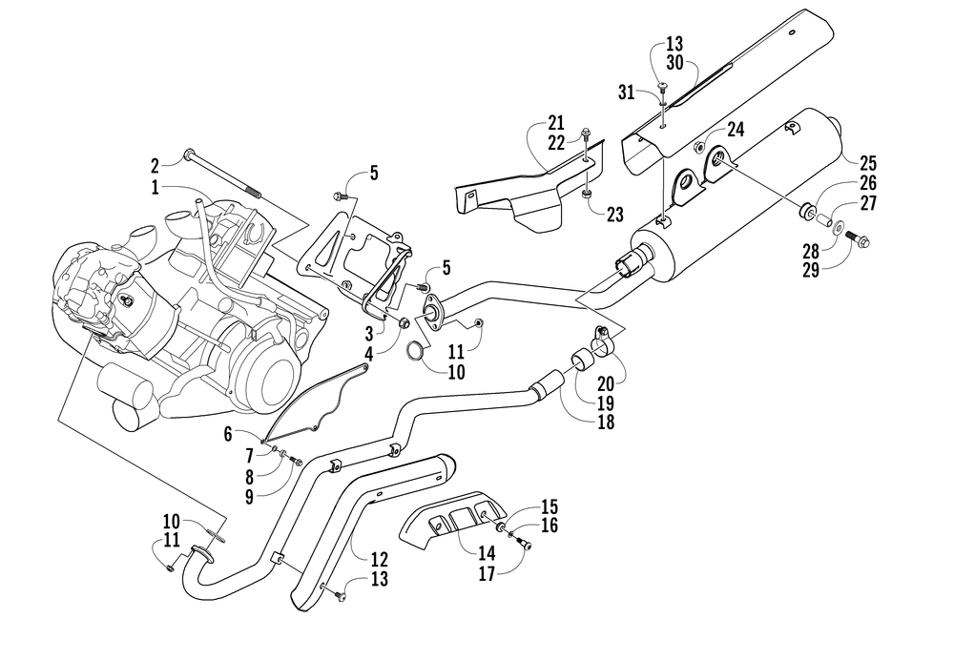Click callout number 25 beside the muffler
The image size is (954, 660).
click(867, 163)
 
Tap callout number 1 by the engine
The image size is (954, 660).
click(156, 187)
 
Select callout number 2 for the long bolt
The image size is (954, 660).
click(156, 165)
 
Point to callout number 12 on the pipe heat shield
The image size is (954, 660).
click(379, 559)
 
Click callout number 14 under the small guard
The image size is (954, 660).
click(487, 553)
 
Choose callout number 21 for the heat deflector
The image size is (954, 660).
click(555, 123)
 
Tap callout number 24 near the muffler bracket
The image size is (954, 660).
click(736, 129)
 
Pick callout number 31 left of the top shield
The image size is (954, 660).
click(626, 93)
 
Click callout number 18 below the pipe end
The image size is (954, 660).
click(606, 422)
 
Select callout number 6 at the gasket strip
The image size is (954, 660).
click(228, 434)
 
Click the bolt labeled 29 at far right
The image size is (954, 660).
click(859, 239)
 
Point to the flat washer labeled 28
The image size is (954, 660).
click(839, 228)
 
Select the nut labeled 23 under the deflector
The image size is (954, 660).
click(587, 194)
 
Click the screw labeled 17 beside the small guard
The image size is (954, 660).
click(523, 545)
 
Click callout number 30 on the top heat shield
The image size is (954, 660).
click(674, 63)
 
